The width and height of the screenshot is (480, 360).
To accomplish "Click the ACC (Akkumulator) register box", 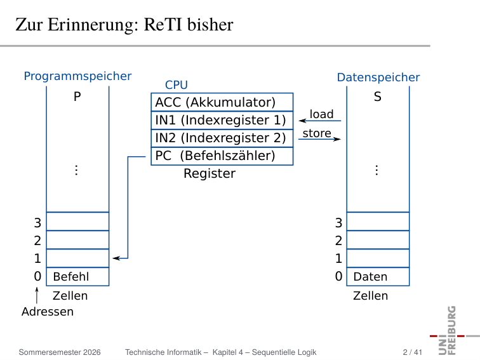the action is pyautogui.click(x=222, y=102).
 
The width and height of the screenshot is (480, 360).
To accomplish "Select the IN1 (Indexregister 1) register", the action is pyautogui.click(x=222, y=120).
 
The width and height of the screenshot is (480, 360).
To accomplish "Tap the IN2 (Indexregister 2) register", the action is pyautogui.click(x=222, y=138).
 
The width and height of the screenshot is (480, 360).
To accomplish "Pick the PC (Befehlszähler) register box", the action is pyautogui.click(x=222, y=156).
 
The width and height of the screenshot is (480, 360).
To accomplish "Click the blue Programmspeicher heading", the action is pyautogui.click(x=77, y=76).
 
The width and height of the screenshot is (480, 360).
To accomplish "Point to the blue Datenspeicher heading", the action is pyautogui.click(x=378, y=77).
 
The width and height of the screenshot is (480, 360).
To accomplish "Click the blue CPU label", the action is pyautogui.click(x=177, y=85).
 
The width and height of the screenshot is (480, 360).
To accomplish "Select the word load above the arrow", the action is pyautogui.click(x=321, y=114).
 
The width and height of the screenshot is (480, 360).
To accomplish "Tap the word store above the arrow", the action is pyautogui.click(x=317, y=133).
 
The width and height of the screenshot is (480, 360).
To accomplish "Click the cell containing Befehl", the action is pyautogui.click(x=77, y=277).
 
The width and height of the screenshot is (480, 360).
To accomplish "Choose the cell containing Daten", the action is pyautogui.click(x=378, y=277).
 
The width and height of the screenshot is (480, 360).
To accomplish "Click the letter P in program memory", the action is pyautogui.click(x=77, y=97).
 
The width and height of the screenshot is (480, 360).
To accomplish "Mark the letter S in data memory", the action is pyautogui.click(x=378, y=97).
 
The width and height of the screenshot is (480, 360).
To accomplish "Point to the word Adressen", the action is pyautogui.click(x=48, y=312).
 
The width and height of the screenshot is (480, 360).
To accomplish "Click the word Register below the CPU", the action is pyautogui.click(x=210, y=173).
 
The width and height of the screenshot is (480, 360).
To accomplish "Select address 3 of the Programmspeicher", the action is pyautogui.click(x=37, y=223).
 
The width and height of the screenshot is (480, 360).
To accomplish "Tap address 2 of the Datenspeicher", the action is pyautogui.click(x=338, y=241).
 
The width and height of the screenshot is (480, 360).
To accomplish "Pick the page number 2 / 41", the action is pyautogui.click(x=412, y=352).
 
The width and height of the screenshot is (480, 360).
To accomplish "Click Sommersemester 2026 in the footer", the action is pyautogui.click(x=60, y=352).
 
